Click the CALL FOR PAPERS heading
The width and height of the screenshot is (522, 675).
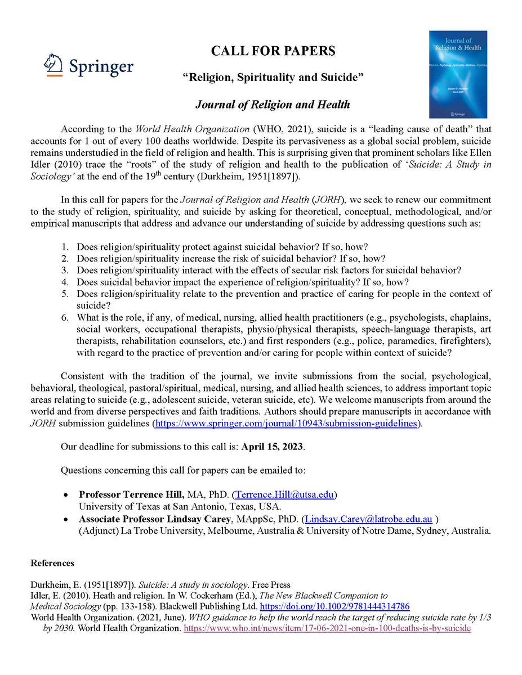[273, 51]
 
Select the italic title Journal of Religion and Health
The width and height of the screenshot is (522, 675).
[273, 104]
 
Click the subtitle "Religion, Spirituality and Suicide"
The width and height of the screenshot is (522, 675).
[273, 78]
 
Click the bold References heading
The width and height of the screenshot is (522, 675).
[52, 563]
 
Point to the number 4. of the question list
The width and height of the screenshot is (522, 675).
[65, 282]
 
